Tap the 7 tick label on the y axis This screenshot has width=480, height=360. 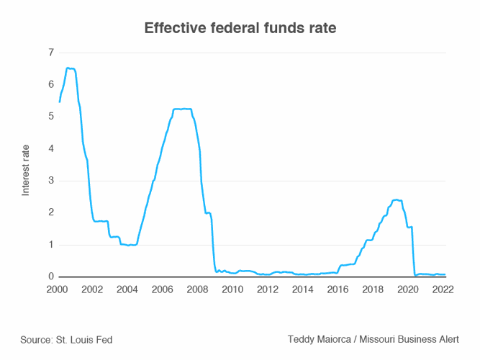50,53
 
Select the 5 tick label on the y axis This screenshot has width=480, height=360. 50,117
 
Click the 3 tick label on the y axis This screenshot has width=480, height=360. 50,181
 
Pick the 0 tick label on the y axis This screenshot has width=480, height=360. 50,276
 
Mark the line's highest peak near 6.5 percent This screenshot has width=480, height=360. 68,68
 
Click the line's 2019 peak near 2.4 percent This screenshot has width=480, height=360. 396,199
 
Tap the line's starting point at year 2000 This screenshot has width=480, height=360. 59,102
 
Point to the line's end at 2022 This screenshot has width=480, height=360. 445,274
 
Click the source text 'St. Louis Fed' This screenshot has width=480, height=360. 84,339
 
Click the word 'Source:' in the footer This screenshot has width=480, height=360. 37,339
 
